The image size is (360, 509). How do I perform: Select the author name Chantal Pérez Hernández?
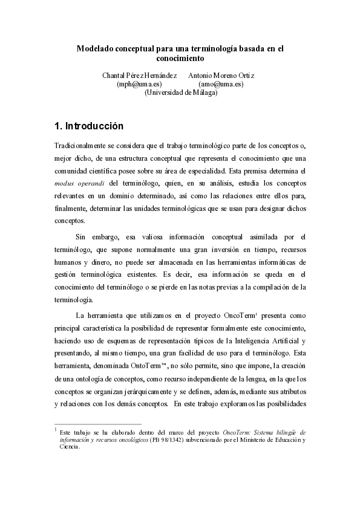139,76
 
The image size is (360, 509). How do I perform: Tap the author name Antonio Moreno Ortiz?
221,76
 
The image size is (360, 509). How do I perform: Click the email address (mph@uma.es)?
139,84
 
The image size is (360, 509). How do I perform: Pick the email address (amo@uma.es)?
221,84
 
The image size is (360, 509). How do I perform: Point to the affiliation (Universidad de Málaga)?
180,92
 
